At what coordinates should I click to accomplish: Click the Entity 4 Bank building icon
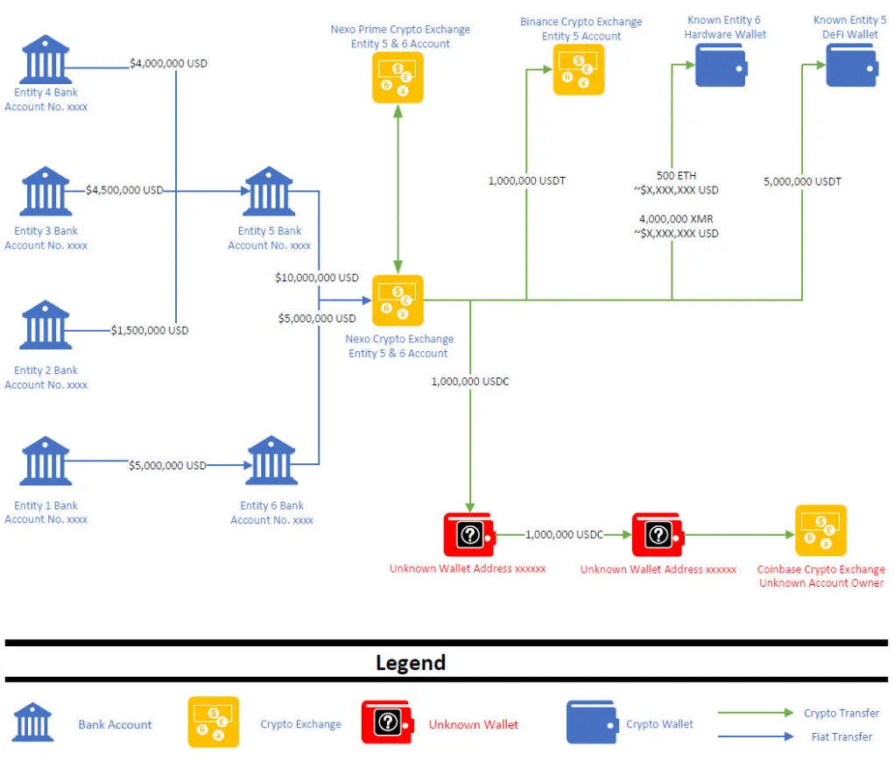pyautogui.click(x=46, y=60)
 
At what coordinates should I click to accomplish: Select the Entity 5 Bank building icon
pyautogui.click(x=269, y=191)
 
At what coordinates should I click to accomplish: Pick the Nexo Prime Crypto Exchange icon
pyautogui.click(x=398, y=78)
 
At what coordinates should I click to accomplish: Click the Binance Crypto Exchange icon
pyautogui.click(x=579, y=69)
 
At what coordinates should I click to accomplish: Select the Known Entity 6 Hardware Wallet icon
pyautogui.click(x=722, y=66)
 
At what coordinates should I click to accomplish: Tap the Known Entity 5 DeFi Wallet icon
pyautogui.click(x=852, y=66)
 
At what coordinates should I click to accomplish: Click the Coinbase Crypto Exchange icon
pyautogui.click(x=821, y=530)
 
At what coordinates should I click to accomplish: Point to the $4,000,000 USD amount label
pyautogui.click(x=168, y=63)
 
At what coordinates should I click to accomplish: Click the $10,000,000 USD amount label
pyautogui.click(x=317, y=278)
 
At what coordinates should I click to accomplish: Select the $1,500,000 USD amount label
pyautogui.click(x=150, y=331)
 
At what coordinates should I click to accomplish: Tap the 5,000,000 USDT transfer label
pyautogui.click(x=803, y=182)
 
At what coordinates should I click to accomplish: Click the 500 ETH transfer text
pyautogui.click(x=676, y=175)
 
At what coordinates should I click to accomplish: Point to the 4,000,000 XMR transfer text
pyautogui.click(x=676, y=219)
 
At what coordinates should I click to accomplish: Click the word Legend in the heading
pyautogui.click(x=411, y=663)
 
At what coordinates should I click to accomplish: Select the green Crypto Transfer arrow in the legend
pyautogui.click(x=756, y=713)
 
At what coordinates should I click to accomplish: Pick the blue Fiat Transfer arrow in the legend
pyautogui.click(x=756, y=736)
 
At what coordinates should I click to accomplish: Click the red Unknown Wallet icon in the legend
pyautogui.click(x=388, y=722)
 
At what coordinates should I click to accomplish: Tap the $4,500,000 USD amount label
pyautogui.click(x=124, y=190)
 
